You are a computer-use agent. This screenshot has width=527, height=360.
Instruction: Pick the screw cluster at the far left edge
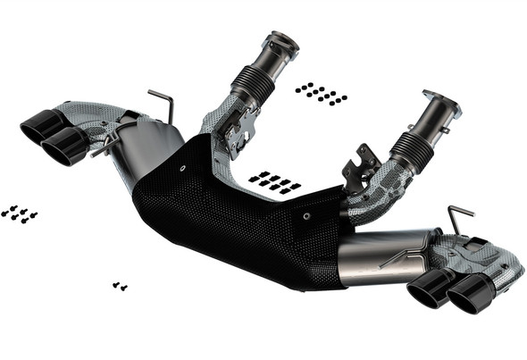(x=19, y=213)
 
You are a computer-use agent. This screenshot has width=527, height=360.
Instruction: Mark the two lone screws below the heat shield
(x=119, y=286)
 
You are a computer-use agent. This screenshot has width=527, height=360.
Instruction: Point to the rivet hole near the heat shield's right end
(x=305, y=215)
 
